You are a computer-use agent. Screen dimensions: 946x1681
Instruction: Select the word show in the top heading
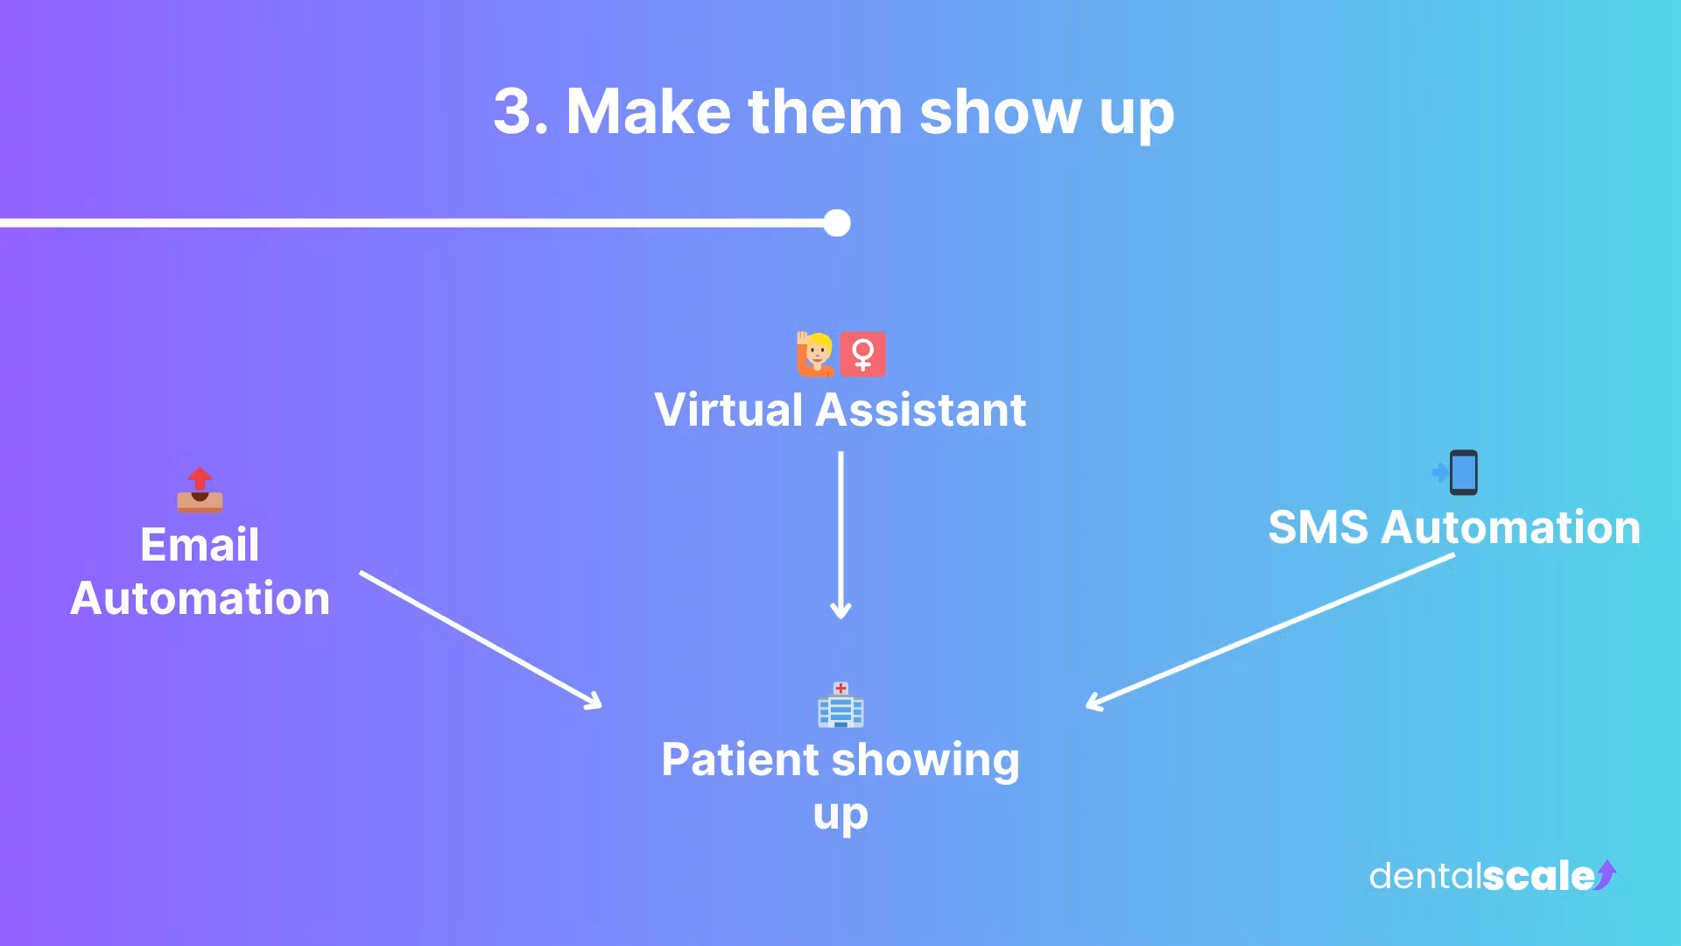[1000, 112]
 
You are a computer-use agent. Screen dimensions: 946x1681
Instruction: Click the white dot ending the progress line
[837, 223]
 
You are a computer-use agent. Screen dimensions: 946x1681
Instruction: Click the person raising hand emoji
[815, 354]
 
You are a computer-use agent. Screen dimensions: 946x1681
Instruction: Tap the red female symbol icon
[863, 354]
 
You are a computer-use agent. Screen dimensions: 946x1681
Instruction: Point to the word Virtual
[728, 410]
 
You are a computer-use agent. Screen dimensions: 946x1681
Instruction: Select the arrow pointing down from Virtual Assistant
[840, 534]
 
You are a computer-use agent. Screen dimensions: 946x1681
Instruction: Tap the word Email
[200, 545]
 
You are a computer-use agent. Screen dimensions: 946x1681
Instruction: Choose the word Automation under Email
[200, 599]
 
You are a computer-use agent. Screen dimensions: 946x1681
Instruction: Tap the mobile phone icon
[1460, 473]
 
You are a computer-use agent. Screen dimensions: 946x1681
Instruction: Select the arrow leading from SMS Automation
[1270, 631]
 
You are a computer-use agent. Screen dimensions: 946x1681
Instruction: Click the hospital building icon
[840, 705]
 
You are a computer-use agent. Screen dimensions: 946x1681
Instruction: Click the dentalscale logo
[1492, 876]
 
